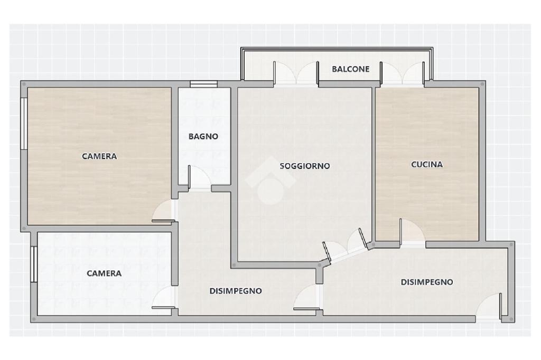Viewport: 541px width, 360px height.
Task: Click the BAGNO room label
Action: pyautogui.click(x=203, y=137)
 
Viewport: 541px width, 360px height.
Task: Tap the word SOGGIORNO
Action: pyautogui.click(x=305, y=166)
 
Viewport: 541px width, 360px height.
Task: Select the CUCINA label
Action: pyautogui.click(x=427, y=165)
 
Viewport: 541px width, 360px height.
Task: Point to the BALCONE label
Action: pyautogui.click(x=351, y=69)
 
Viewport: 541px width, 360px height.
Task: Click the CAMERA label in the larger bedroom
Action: pyautogui.click(x=99, y=156)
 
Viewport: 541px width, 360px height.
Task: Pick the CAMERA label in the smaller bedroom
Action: pyautogui.click(x=104, y=273)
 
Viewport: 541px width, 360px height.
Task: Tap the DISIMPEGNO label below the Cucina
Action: pyautogui.click(x=427, y=282)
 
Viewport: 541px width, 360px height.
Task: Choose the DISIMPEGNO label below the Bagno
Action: pyautogui.click(x=236, y=291)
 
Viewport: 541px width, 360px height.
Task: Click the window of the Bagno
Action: pyautogui.click(x=203, y=84)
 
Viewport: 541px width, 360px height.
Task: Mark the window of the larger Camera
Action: pyautogui.click(x=24, y=124)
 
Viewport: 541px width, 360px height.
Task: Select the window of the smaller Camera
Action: pyautogui.click(x=34, y=264)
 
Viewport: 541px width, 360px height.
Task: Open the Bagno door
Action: pyautogui.click(x=199, y=178)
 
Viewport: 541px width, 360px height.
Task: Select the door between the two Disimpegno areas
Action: pyautogui.click(x=307, y=298)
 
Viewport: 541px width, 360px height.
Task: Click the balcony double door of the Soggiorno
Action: pyautogui.click(x=296, y=73)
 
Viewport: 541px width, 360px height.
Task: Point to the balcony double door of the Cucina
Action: pyautogui.click(x=402, y=73)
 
